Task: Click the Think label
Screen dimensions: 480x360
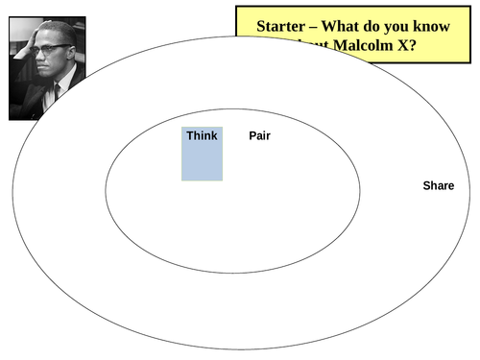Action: (x=202, y=135)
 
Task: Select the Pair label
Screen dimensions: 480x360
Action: (x=259, y=135)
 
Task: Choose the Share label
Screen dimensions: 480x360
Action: (x=438, y=185)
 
